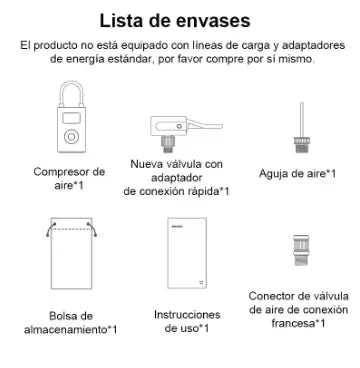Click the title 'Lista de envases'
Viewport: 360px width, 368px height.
[x=180, y=19]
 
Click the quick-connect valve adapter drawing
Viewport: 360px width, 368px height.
[x=176, y=128]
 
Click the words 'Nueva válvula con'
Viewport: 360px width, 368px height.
[x=177, y=163]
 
